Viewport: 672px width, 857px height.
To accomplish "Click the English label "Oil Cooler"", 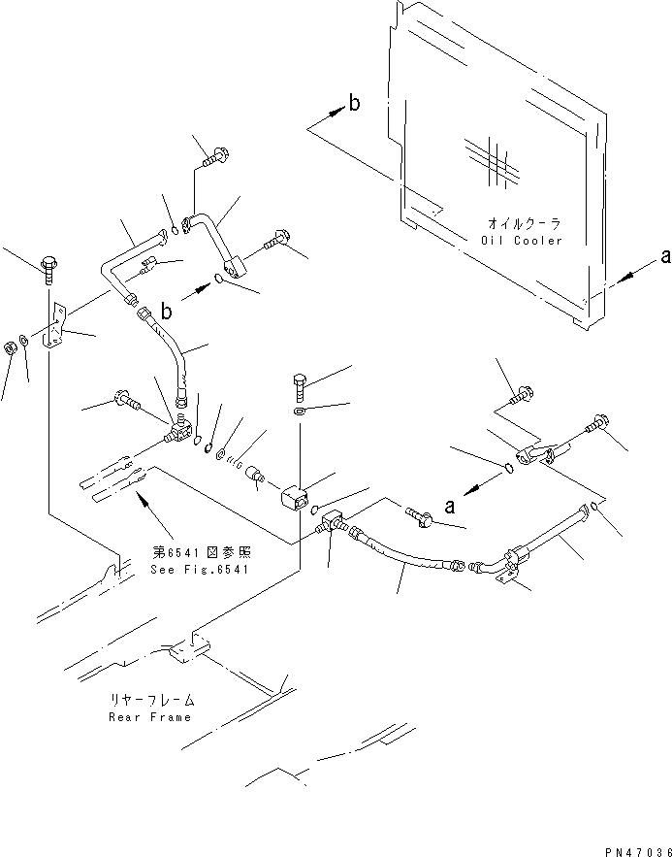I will [x=520, y=240].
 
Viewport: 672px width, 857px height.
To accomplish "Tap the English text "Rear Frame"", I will [x=151, y=717].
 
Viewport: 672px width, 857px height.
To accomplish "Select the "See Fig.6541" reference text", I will [x=200, y=569].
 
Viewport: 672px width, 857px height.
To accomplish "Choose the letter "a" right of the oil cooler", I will [x=664, y=256].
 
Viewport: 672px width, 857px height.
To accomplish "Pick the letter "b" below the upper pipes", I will [x=167, y=312].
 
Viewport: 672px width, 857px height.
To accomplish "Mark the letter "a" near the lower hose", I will [x=450, y=505].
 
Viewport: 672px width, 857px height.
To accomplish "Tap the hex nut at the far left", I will [x=9, y=346].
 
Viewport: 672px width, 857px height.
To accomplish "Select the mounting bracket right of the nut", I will [x=56, y=330].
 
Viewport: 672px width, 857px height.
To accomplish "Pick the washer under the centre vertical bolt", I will [x=300, y=413].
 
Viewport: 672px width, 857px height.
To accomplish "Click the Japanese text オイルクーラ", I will [x=520, y=223].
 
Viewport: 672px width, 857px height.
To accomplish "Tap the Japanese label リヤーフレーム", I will [x=152, y=700].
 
